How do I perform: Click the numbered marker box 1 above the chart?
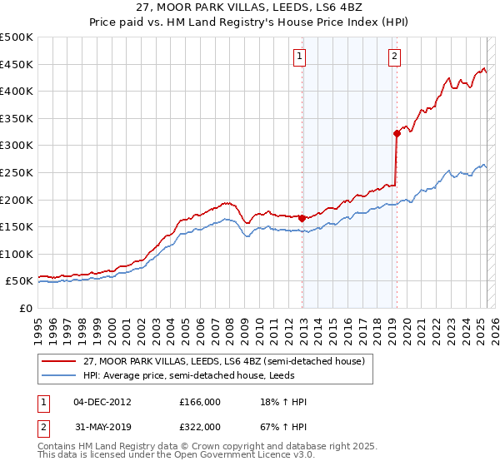298,57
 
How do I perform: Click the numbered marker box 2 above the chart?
393,57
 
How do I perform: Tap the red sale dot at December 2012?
302,218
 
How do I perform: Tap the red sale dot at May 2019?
397,132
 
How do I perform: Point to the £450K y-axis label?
17,64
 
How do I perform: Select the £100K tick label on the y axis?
17,254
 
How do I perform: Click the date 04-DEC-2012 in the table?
102,402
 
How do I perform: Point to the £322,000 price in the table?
200,426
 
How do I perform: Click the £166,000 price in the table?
200,402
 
